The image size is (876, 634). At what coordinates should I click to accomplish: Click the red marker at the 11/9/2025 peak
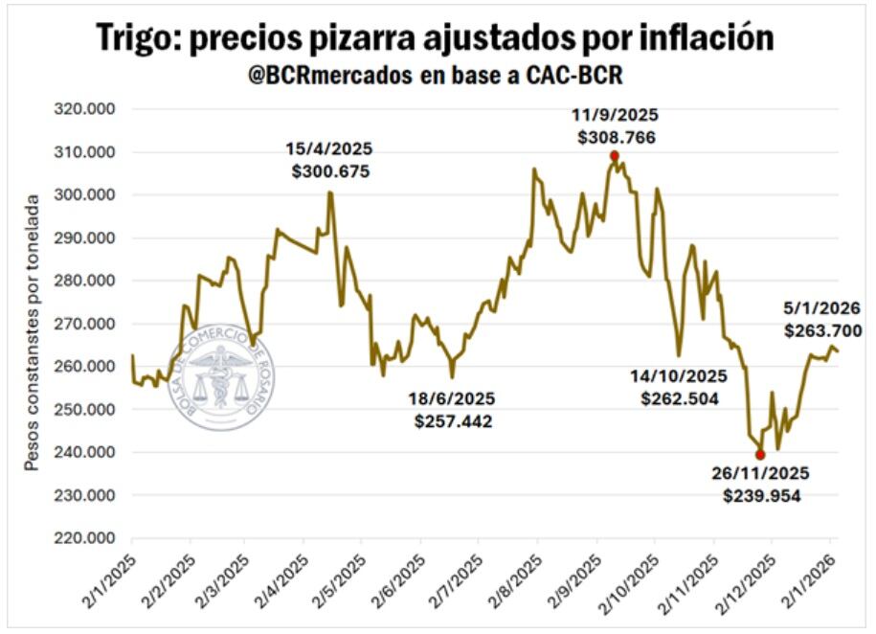615,156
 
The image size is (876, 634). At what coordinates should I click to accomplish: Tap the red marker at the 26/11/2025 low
760,455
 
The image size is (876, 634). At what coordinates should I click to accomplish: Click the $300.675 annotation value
330,172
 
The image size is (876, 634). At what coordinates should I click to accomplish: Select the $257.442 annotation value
454,419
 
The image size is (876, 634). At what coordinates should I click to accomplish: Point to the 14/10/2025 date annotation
679,375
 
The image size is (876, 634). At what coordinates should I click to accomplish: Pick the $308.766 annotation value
617,138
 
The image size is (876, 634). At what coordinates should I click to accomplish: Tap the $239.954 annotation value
762,496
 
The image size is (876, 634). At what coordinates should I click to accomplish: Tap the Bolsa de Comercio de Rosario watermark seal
221,376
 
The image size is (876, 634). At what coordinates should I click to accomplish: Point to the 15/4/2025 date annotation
329,150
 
